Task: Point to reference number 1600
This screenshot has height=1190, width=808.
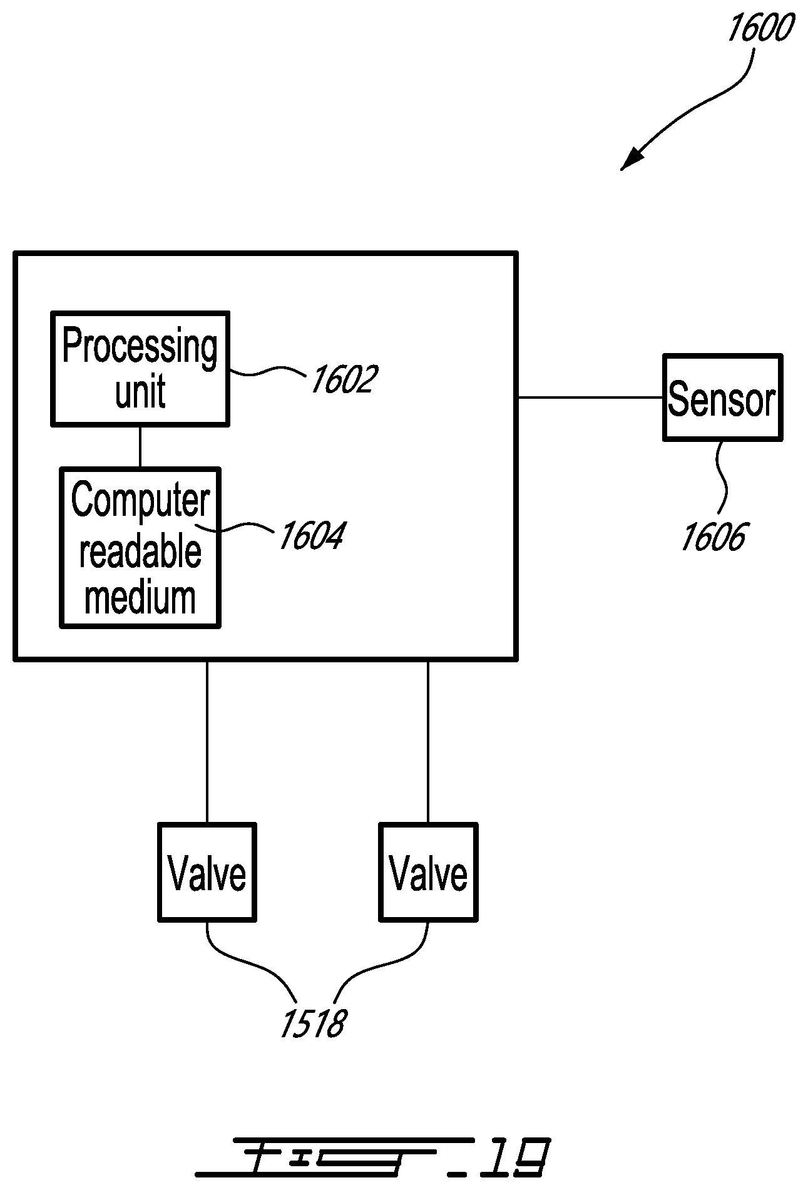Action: click(760, 28)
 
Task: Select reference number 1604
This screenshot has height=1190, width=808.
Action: click(311, 536)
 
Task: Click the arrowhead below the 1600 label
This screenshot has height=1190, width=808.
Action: click(632, 159)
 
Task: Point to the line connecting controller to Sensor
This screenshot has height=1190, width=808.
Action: click(590, 398)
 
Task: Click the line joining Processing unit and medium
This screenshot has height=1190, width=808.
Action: click(140, 447)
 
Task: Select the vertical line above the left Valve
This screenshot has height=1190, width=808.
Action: click(207, 742)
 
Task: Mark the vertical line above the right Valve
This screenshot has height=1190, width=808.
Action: click(428, 742)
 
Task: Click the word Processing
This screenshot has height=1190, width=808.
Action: click(140, 346)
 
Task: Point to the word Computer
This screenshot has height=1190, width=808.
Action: click(140, 500)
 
